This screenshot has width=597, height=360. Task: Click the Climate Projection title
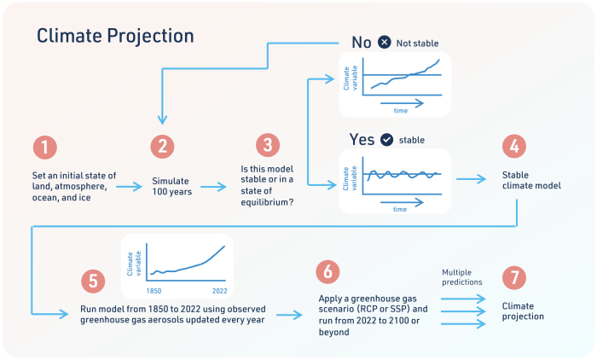pyautogui.click(x=115, y=36)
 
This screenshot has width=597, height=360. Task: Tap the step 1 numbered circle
pyautogui.click(x=46, y=146)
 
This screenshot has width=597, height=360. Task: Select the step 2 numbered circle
pyautogui.click(x=162, y=146)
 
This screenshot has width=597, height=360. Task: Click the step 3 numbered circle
pyautogui.click(x=268, y=146)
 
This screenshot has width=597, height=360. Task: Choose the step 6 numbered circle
pyautogui.click(x=327, y=272)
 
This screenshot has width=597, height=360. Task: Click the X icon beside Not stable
pyautogui.click(x=385, y=42)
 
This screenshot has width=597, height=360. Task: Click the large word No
pyautogui.click(x=361, y=42)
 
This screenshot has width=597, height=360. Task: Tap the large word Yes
pyautogui.click(x=362, y=140)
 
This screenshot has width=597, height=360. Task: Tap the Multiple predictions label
pyautogui.click(x=462, y=277)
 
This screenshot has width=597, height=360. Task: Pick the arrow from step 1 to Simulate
pyautogui.click(x=130, y=185)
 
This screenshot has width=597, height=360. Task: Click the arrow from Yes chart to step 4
pyautogui.click(x=472, y=180)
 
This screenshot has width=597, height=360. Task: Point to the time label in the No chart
pyautogui.click(x=400, y=111)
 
